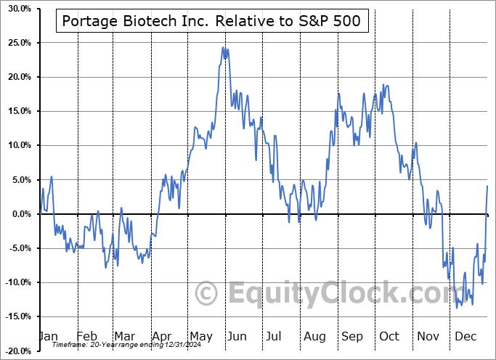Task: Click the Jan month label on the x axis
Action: pyautogui.click(x=48, y=336)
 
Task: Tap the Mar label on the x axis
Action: pyautogui.click(x=123, y=336)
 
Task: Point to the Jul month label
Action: pyautogui.click(x=275, y=336)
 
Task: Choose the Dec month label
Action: pyautogui.click(x=465, y=336)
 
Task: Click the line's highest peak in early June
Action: pyautogui.click(x=224, y=48)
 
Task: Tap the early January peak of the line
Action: pyautogui.click(x=51, y=176)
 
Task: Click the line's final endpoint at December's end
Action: pyautogui.click(x=487, y=187)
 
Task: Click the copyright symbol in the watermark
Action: pyautogui.click(x=208, y=294)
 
